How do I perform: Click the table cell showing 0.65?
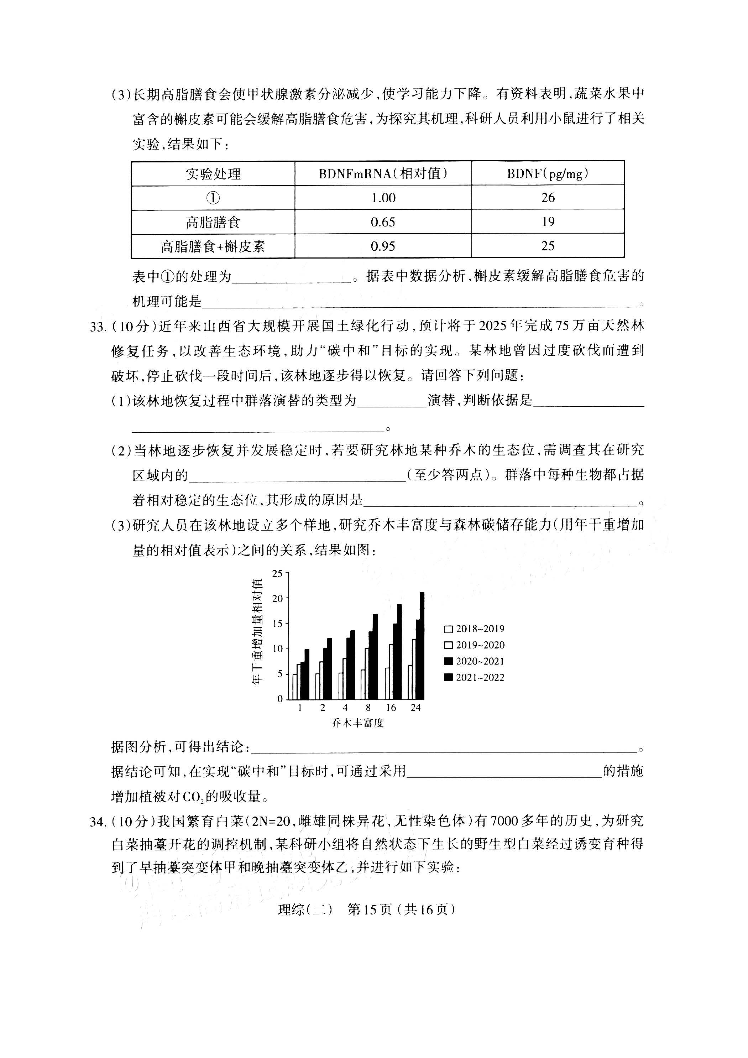tap(383, 222)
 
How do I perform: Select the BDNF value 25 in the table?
tap(548, 246)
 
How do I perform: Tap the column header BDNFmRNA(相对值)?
tap(383, 174)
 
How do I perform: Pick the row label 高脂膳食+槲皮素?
tap(213, 246)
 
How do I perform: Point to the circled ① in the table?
tap(213, 198)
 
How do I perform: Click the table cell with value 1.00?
tap(383, 198)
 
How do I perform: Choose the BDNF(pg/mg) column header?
tap(548, 174)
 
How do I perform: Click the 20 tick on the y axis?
tap(277, 598)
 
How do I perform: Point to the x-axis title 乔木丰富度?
tap(357, 723)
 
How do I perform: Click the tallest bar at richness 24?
tap(422, 645)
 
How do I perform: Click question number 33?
tap(98, 327)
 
